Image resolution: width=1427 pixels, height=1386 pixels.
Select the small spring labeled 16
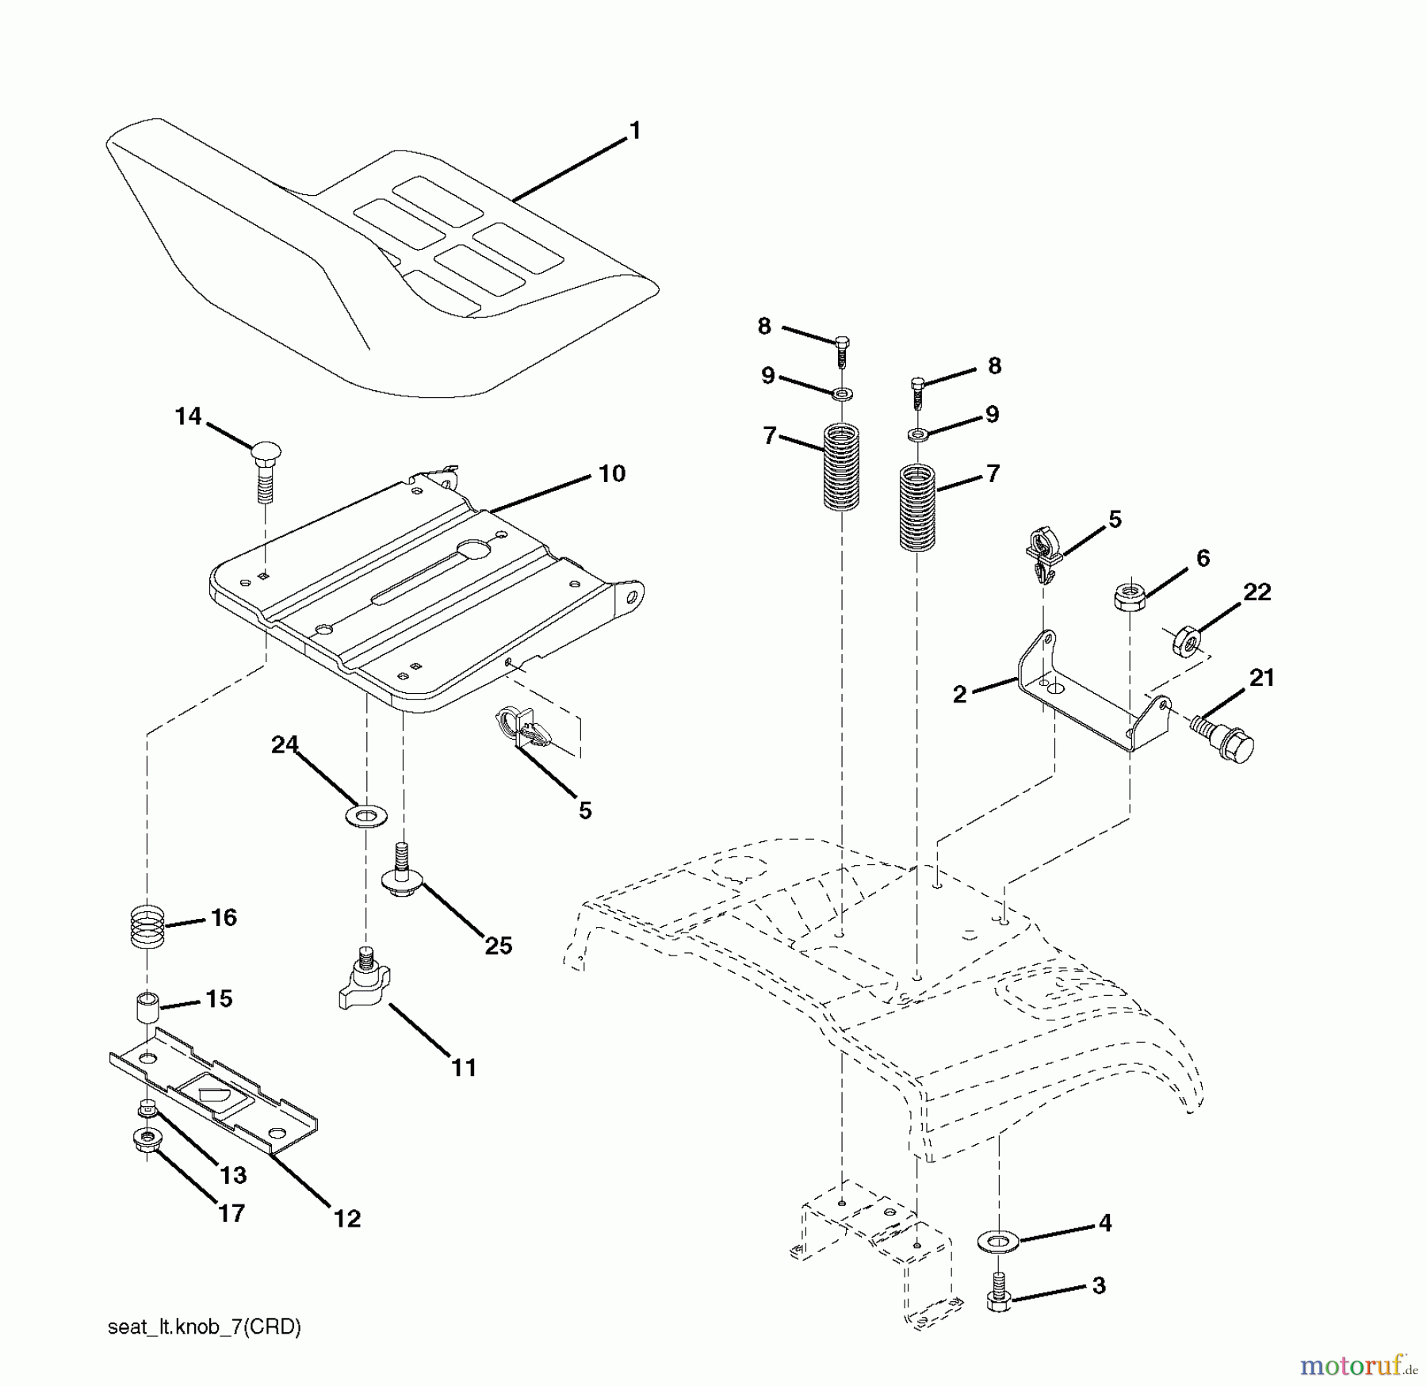tap(147, 925)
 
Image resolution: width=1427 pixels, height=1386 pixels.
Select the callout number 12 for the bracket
tap(347, 1219)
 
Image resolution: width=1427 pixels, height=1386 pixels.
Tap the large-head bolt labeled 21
tap(1226, 737)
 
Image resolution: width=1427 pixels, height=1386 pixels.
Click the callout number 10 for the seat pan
tap(611, 474)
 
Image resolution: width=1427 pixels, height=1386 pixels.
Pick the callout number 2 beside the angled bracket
tap(960, 695)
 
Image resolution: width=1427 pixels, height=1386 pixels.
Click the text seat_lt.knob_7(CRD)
tap(205, 1327)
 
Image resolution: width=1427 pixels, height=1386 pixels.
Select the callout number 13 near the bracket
tap(234, 1175)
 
